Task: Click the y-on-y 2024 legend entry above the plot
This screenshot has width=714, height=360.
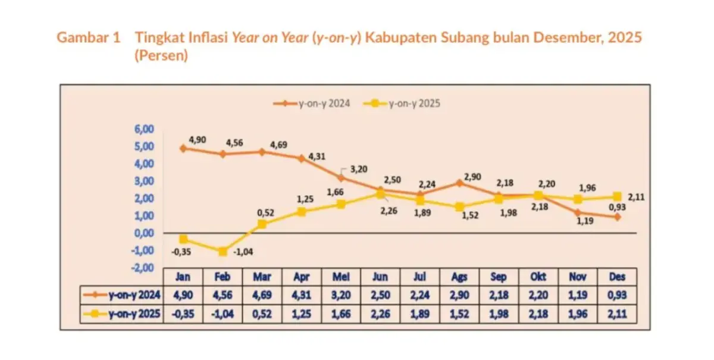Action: (312, 104)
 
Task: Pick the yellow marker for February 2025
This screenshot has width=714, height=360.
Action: (223, 252)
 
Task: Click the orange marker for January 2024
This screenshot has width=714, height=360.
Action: (183, 148)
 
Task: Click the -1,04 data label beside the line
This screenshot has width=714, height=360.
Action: (242, 252)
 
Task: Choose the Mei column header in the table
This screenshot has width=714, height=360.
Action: (341, 277)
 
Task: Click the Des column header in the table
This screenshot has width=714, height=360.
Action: (617, 277)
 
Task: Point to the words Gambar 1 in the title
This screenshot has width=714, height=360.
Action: (88, 38)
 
